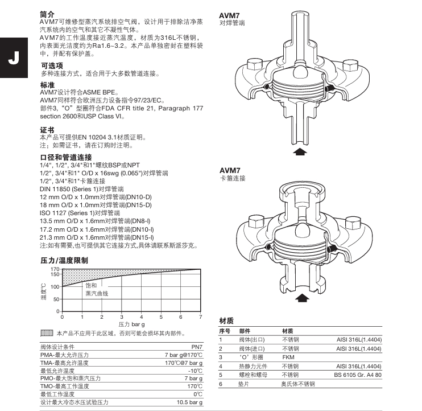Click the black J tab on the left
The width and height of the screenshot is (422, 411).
11,59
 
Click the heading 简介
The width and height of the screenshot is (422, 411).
47,13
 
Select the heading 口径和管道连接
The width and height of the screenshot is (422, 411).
65,157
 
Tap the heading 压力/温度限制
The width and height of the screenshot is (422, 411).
64,260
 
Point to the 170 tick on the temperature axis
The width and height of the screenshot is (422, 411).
55,268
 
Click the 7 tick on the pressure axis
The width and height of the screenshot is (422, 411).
200,317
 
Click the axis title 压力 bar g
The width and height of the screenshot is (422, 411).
131,323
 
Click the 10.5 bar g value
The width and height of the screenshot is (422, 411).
189,402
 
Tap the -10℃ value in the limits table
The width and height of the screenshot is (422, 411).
195,371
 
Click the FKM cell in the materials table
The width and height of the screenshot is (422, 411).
288,357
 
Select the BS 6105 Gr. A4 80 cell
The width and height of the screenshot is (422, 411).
357,375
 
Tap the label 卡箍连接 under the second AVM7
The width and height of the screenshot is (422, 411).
233,178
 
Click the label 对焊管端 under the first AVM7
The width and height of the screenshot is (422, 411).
233,23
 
